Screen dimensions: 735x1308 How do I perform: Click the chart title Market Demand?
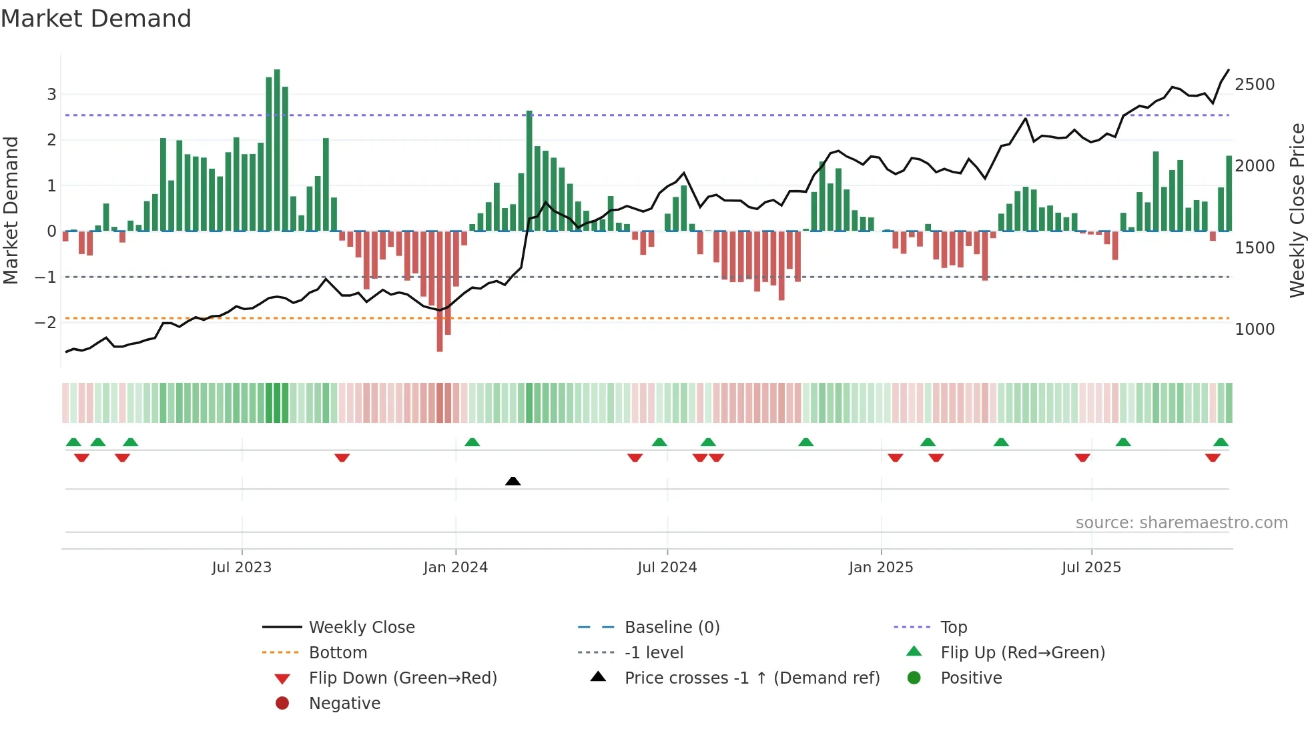(x=96, y=19)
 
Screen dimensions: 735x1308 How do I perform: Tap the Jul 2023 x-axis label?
(x=242, y=568)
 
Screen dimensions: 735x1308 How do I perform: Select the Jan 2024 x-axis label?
(x=455, y=568)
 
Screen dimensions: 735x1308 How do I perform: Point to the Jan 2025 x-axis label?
(x=881, y=568)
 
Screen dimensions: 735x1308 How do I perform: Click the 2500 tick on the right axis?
(x=1255, y=85)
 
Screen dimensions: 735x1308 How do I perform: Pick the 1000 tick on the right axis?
(x=1255, y=329)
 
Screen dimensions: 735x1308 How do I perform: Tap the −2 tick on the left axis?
(x=45, y=323)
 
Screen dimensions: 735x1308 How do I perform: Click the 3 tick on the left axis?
(x=51, y=95)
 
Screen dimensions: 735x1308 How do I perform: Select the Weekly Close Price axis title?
(x=1297, y=210)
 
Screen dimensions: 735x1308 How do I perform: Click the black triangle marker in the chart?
(x=513, y=481)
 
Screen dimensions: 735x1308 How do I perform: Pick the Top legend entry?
(x=953, y=628)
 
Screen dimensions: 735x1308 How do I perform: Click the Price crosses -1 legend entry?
(x=751, y=678)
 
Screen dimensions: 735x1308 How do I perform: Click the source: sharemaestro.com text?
(x=1181, y=523)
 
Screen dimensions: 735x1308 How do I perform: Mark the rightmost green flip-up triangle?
(x=1221, y=442)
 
